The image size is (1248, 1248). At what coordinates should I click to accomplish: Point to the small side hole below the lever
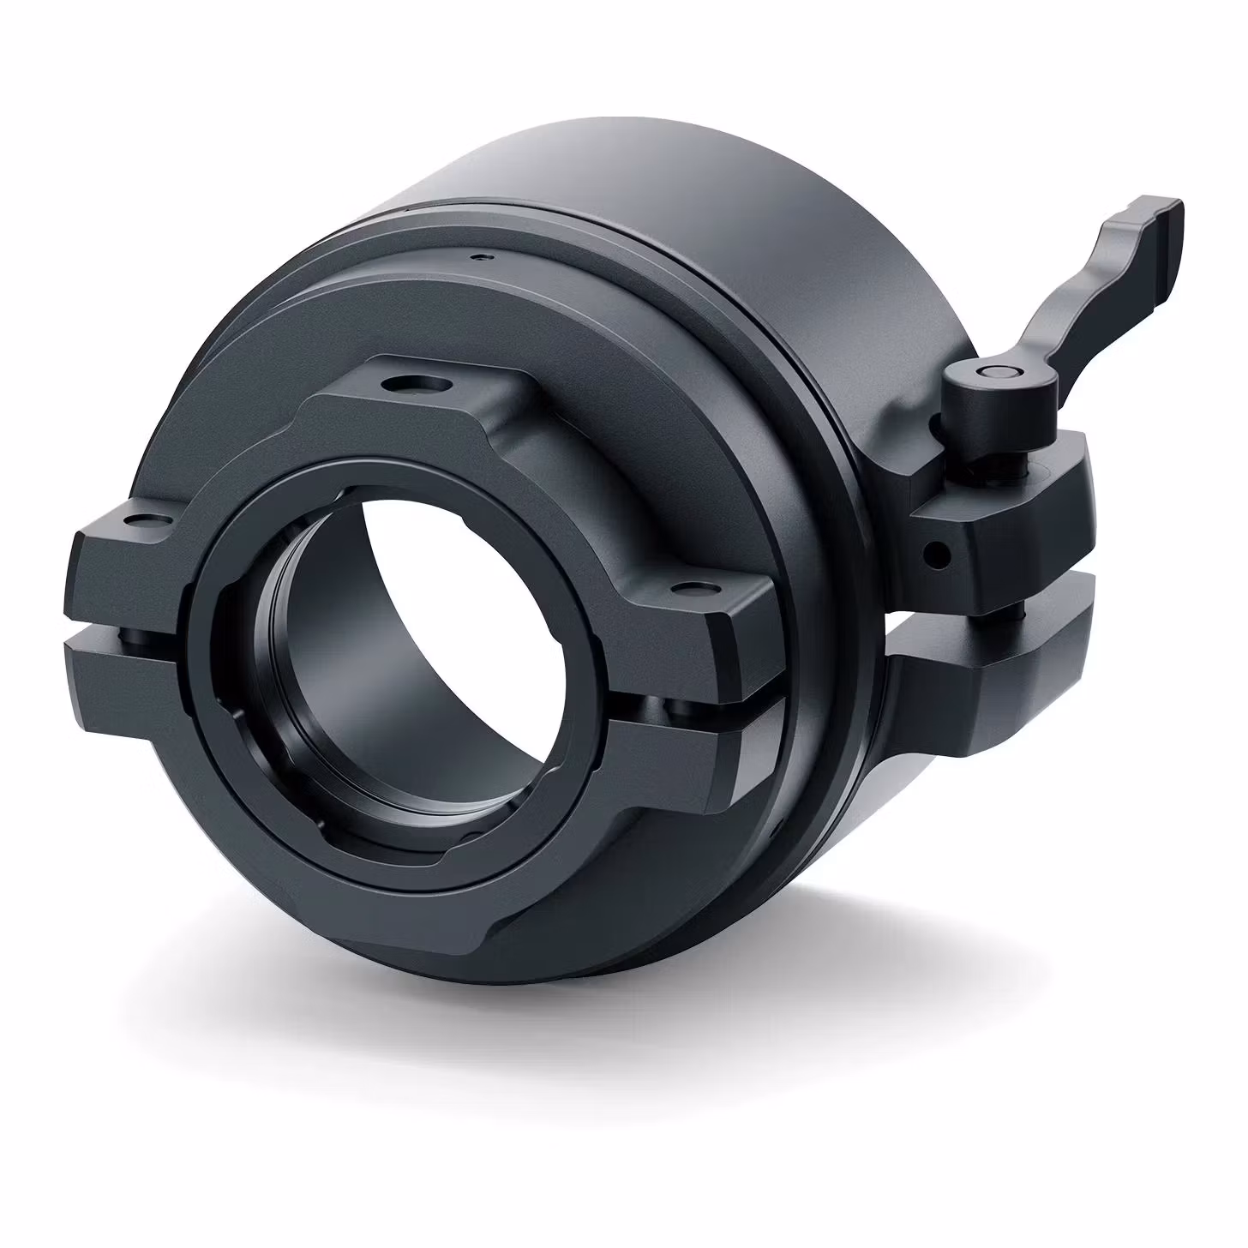940,554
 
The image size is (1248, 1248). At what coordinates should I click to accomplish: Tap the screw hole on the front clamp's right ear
691,589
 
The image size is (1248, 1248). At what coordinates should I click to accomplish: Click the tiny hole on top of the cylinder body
484,255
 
